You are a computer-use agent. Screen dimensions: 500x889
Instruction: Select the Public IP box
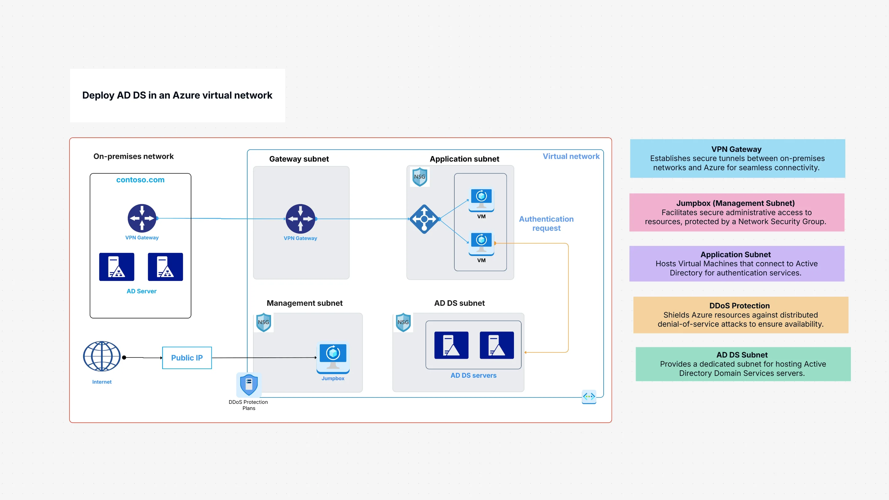[x=187, y=358]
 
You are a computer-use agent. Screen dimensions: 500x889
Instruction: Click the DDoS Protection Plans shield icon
[x=249, y=384]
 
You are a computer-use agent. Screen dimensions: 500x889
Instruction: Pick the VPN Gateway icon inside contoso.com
[x=142, y=218]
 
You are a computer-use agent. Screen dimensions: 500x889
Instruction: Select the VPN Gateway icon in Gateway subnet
[x=300, y=219]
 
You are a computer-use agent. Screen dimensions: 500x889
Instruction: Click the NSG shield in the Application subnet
[x=420, y=177]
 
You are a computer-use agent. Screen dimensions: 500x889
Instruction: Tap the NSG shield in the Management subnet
[x=264, y=322]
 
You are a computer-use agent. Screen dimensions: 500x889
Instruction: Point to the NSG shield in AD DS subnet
[x=403, y=322]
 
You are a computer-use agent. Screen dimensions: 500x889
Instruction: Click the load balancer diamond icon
[x=424, y=219]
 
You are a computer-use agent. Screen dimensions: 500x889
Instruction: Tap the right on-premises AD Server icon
[x=165, y=266]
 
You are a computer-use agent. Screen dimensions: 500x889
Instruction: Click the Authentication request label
[x=546, y=223]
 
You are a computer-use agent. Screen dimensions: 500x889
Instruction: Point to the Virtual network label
[x=571, y=156]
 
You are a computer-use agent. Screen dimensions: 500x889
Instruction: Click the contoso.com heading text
[x=140, y=180]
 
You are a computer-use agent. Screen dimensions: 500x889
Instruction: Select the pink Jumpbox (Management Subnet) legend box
[x=736, y=212]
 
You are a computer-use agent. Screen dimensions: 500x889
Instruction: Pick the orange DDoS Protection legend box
[x=740, y=315]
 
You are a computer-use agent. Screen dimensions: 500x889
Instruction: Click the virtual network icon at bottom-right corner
[x=589, y=396]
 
